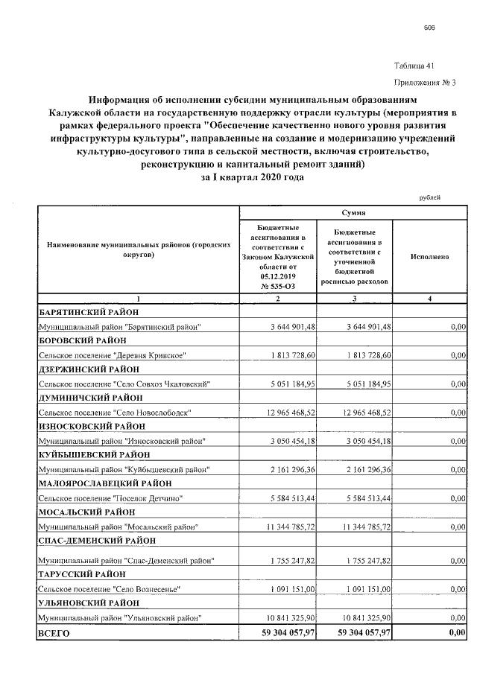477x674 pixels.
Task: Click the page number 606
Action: click(429, 28)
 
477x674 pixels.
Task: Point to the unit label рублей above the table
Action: click(430, 197)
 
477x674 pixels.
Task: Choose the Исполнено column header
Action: click(429, 255)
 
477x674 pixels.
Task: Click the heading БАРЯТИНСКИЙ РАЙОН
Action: click(89, 312)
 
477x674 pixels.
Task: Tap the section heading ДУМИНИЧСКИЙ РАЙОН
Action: click(89, 398)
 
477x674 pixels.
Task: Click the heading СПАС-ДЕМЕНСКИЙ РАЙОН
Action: click(97, 540)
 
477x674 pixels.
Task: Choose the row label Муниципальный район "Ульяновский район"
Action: click(119, 618)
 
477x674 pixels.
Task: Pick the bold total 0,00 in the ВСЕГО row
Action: click(455, 633)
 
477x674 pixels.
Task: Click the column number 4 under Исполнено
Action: click(429, 299)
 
